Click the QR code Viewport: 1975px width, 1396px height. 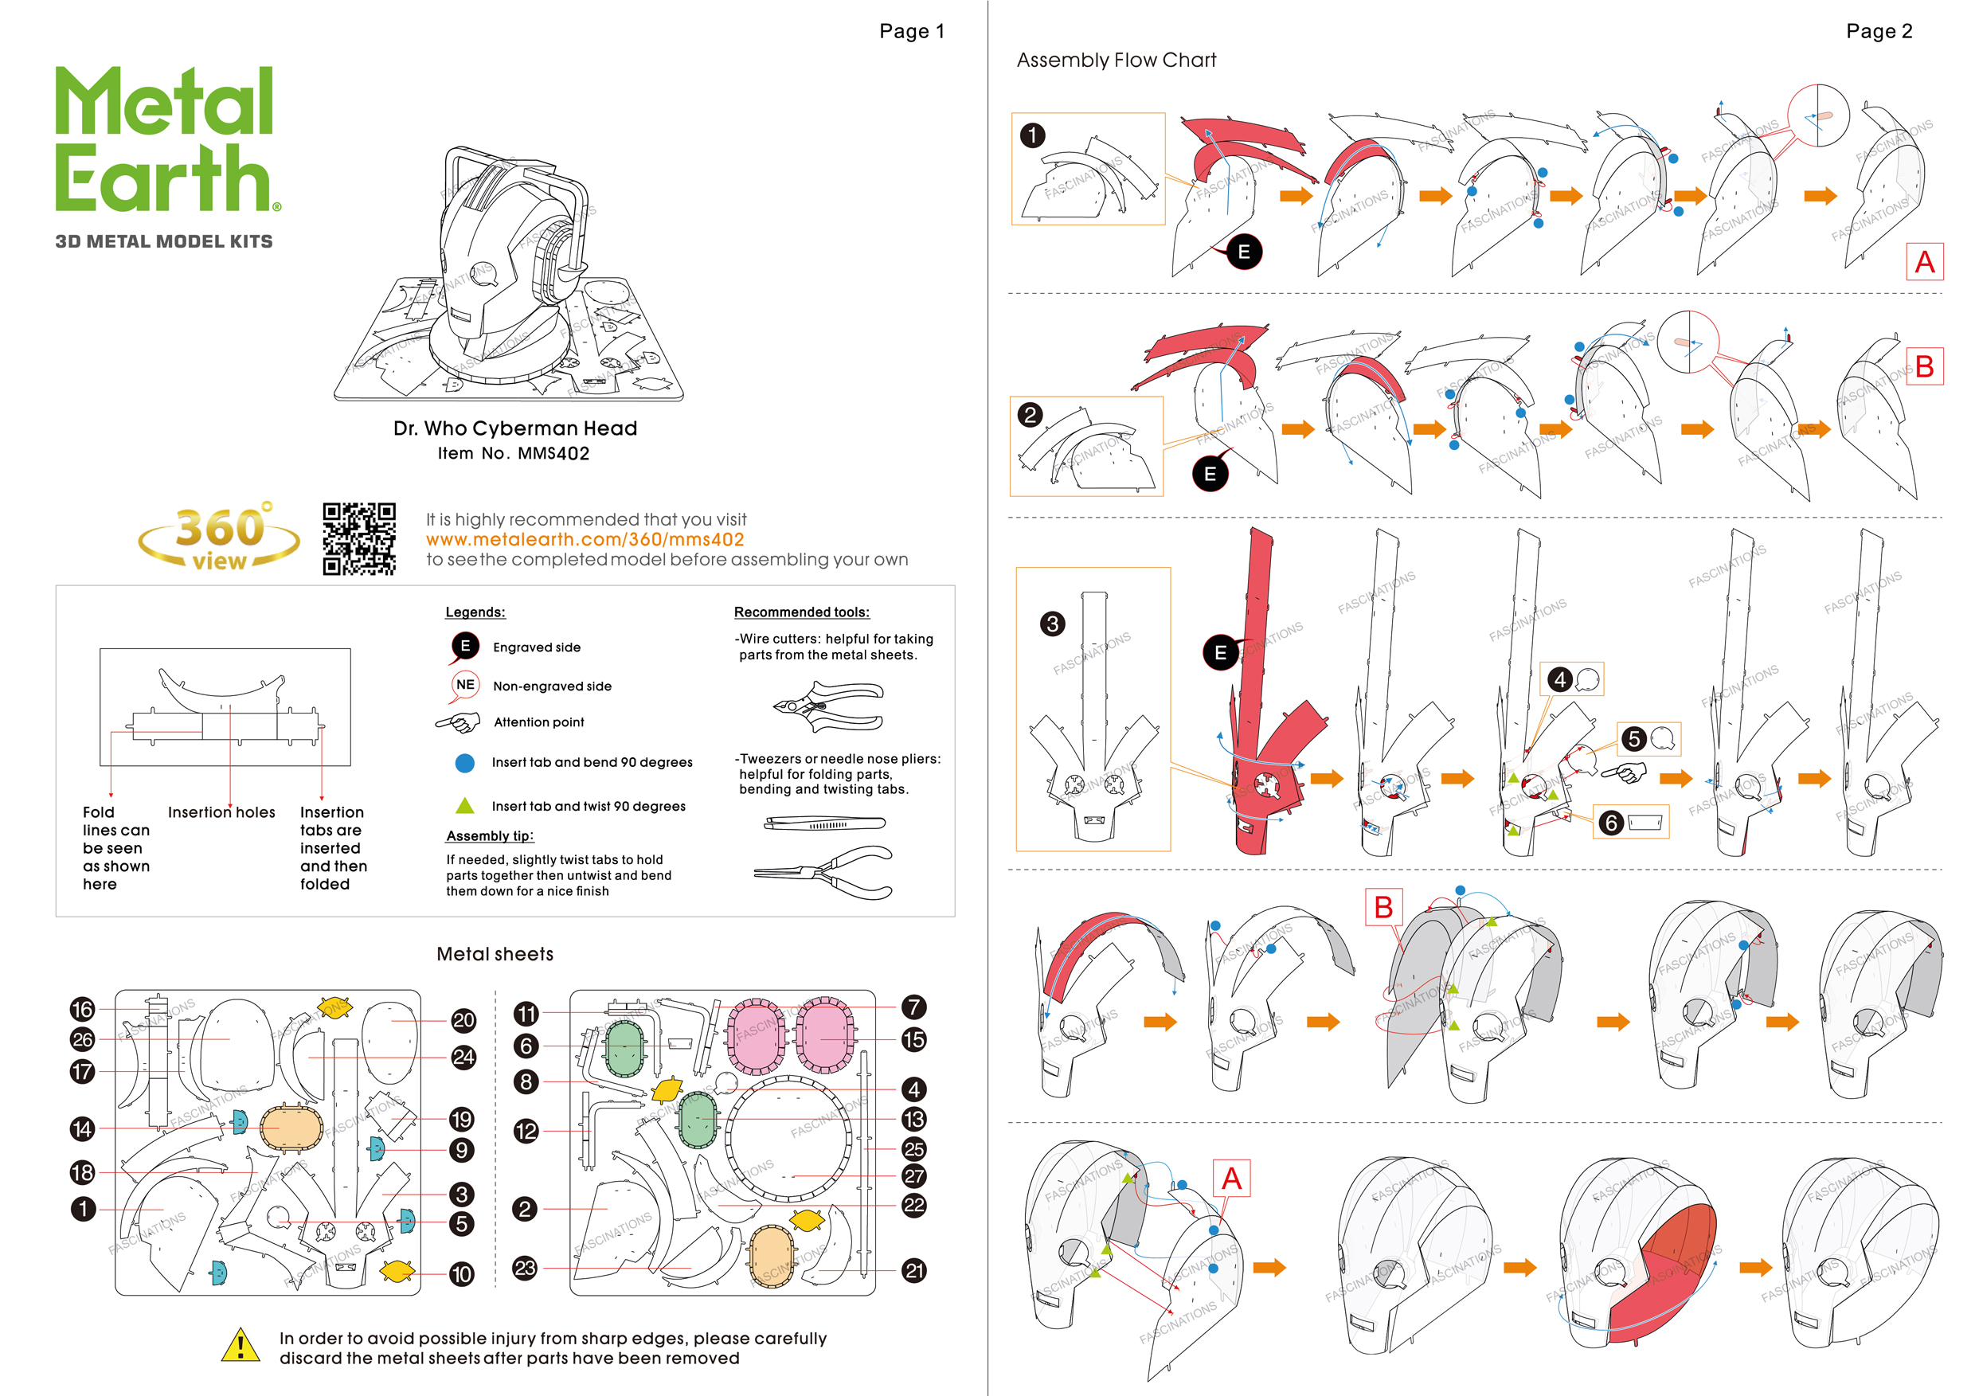tap(358, 538)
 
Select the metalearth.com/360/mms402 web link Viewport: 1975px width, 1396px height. tap(585, 539)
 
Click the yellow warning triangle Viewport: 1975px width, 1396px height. tap(240, 1345)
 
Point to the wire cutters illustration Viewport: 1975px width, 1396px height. tap(828, 706)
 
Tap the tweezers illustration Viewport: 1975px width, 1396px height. tap(824, 823)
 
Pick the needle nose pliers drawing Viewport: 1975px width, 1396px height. tap(824, 873)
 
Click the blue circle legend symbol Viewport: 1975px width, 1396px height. tap(464, 763)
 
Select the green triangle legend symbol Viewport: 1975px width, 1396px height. tap(464, 806)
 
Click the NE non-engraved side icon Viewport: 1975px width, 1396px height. tap(464, 686)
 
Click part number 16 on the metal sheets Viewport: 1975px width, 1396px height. tap(83, 1009)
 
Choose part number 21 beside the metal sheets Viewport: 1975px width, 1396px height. tap(914, 1270)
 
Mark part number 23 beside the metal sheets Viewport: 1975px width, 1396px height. tap(525, 1268)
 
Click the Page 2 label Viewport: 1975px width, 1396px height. tap(1879, 32)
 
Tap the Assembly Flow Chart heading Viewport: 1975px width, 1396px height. tap(1116, 61)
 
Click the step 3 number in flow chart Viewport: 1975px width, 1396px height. tap(1052, 624)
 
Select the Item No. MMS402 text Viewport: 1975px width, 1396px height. tap(514, 453)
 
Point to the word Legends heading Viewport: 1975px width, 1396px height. tap(475, 612)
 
